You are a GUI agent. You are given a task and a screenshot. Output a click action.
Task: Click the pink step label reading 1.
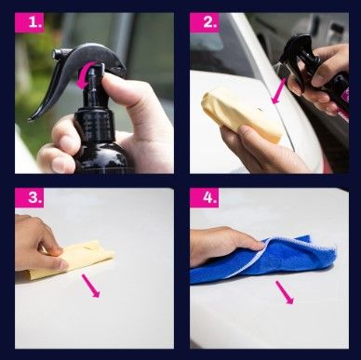coord(30,22)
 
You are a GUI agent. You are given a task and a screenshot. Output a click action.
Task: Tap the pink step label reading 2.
coord(205,22)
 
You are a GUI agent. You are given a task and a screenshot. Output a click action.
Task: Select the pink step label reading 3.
coord(30,197)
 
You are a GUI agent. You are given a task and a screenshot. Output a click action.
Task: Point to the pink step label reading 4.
coord(205,197)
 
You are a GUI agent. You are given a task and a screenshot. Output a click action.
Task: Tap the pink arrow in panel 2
coord(278,91)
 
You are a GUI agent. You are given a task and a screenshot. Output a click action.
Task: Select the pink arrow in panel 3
coord(91,286)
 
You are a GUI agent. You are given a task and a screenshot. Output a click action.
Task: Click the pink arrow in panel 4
coord(285,292)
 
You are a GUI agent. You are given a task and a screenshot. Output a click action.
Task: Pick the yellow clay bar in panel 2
coord(242,115)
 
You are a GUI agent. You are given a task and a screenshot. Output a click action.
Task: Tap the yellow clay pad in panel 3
coord(72,260)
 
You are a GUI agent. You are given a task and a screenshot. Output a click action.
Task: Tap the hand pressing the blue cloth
coord(225,245)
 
